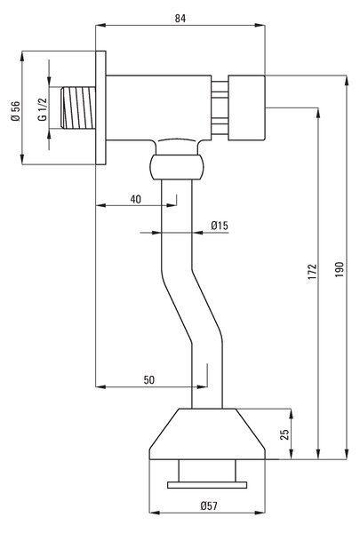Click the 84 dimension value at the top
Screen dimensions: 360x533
[x=180, y=18]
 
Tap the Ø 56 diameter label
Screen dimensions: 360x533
[x=16, y=111]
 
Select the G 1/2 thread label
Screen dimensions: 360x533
[x=42, y=109]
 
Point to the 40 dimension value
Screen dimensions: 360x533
[x=135, y=199]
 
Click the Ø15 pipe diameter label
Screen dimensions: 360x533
[x=220, y=226]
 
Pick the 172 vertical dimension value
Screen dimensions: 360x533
[x=312, y=271]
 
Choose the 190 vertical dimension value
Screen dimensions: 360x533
[x=340, y=269]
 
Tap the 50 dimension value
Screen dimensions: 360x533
[x=149, y=379]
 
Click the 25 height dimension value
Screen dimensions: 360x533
[x=284, y=434]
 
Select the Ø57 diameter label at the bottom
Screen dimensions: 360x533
[x=209, y=506]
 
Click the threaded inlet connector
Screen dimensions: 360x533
[x=78, y=107]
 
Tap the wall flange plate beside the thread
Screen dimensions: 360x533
[x=100, y=107]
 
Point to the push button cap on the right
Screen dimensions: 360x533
[x=246, y=107]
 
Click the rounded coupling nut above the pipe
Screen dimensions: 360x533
[x=177, y=167]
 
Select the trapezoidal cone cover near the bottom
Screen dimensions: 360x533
[x=207, y=434]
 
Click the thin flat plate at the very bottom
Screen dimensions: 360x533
[x=207, y=485]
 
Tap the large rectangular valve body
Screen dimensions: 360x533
[x=158, y=107]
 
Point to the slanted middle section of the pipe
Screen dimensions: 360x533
[x=192, y=306]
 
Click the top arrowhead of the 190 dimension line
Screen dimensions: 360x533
[x=347, y=80]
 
